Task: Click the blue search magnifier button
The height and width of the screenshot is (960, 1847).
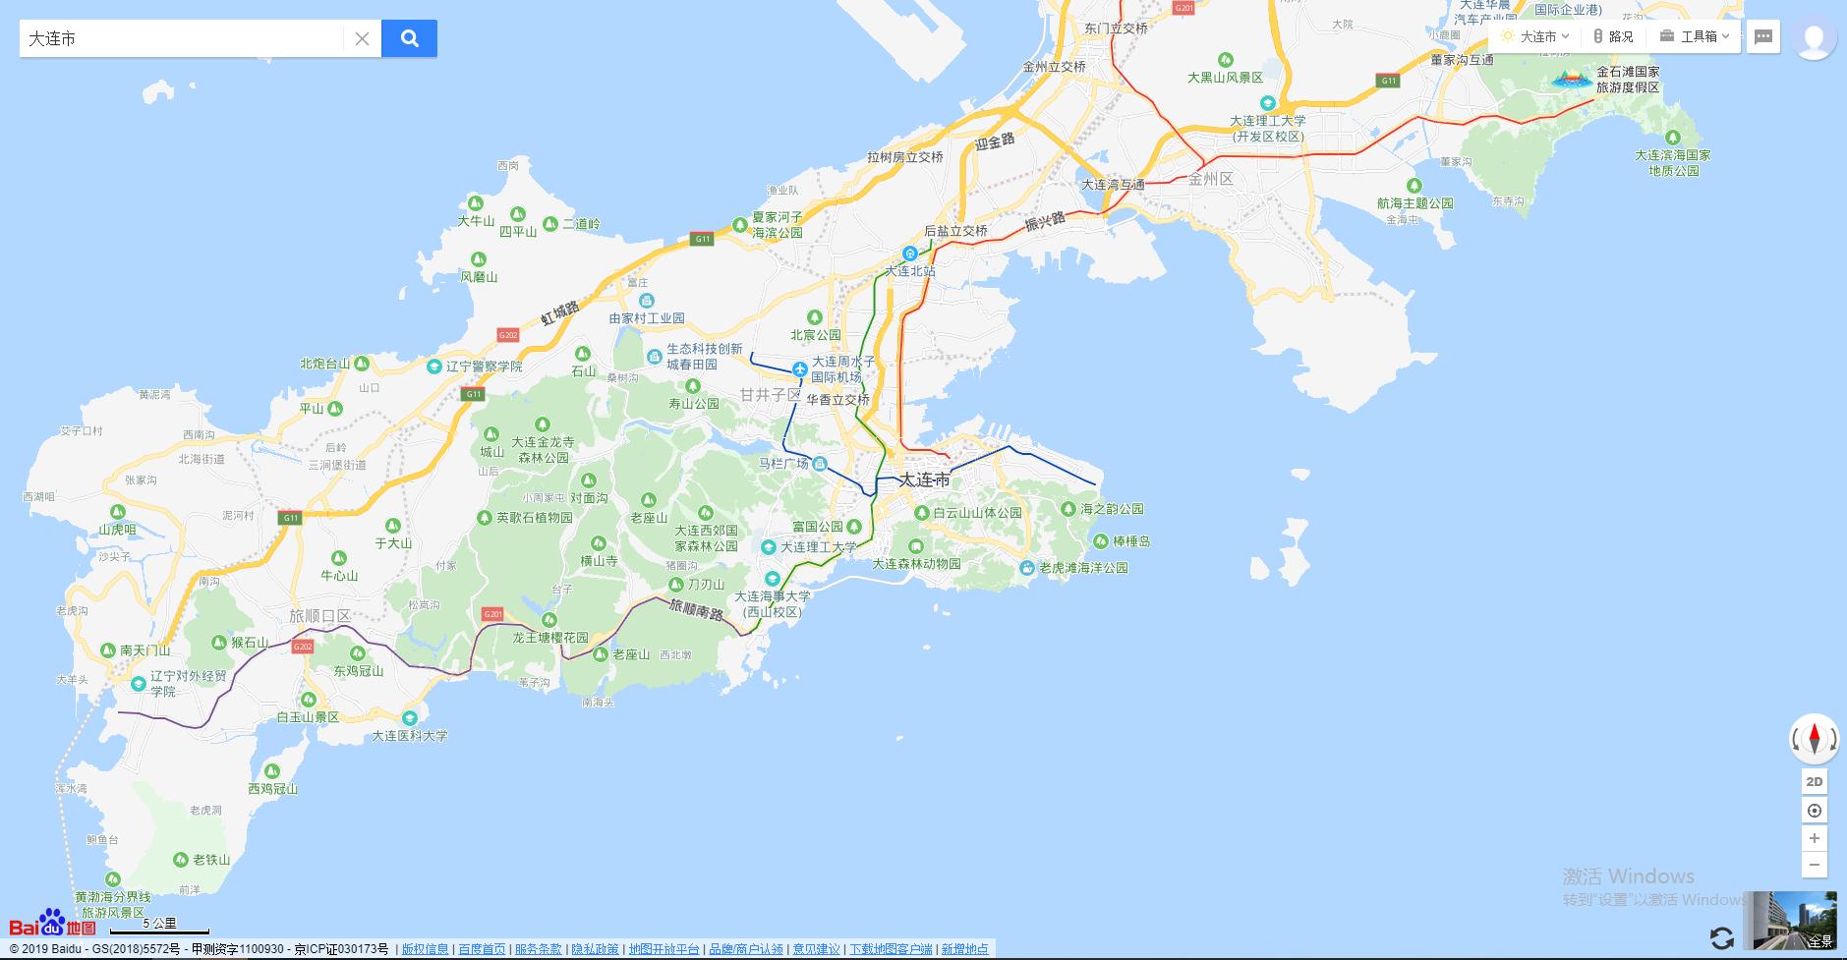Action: pyautogui.click(x=409, y=38)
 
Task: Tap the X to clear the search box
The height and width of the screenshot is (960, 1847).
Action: pyautogui.click(x=362, y=38)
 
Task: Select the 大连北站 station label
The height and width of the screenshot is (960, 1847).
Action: pyautogui.click(x=910, y=270)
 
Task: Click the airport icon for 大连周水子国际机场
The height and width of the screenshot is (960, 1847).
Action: pyautogui.click(x=800, y=369)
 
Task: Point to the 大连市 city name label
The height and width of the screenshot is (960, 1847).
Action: pyautogui.click(x=924, y=480)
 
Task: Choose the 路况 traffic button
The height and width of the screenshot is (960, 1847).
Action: pyautogui.click(x=1612, y=36)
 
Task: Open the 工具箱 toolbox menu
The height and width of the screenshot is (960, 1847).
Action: pyautogui.click(x=1696, y=36)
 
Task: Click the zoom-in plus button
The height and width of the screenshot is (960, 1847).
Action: pyautogui.click(x=1815, y=838)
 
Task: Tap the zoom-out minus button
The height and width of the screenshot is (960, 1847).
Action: pyautogui.click(x=1815, y=865)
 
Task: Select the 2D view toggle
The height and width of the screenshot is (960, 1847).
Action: pyautogui.click(x=1815, y=782)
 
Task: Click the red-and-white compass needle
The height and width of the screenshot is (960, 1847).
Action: pyautogui.click(x=1815, y=738)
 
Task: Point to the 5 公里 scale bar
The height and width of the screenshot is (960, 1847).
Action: pyautogui.click(x=159, y=928)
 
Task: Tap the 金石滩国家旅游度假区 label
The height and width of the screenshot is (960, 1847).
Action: pyautogui.click(x=1627, y=80)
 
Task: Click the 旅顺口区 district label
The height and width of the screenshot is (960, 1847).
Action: pyautogui.click(x=319, y=616)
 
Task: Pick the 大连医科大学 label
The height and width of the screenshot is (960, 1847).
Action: pyautogui.click(x=409, y=736)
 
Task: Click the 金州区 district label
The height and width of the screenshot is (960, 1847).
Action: pyautogui.click(x=1210, y=179)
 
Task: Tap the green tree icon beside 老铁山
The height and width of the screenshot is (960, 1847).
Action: pyautogui.click(x=180, y=860)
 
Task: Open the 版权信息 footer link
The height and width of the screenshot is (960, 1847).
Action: pyautogui.click(x=425, y=949)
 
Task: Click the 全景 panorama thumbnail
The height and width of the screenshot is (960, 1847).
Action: pyautogui.click(x=1792, y=921)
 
